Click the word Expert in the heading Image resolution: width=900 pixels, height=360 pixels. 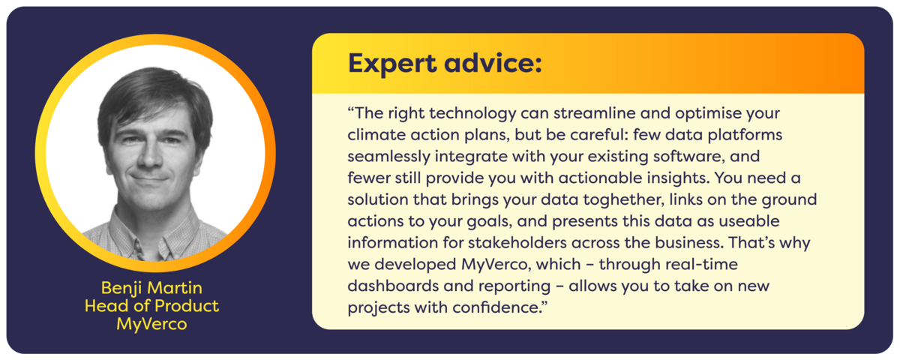[x=392, y=64]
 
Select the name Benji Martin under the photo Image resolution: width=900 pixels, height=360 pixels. [x=151, y=289]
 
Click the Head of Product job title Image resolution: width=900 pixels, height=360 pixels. [x=151, y=306]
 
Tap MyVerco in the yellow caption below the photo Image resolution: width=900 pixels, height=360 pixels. [x=151, y=324]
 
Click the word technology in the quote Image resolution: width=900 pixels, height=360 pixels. [x=472, y=114]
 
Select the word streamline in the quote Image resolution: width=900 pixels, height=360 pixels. [x=594, y=113]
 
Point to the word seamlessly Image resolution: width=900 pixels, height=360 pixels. [x=388, y=157]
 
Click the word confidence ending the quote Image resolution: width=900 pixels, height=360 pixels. [x=499, y=307]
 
